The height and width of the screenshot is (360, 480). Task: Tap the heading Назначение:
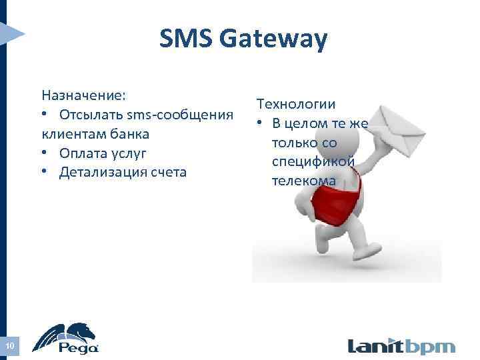coord(83,93)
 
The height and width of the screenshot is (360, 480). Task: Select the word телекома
coord(304,181)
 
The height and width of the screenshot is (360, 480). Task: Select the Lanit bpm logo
coord(401,347)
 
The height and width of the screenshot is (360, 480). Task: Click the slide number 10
coord(9,345)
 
